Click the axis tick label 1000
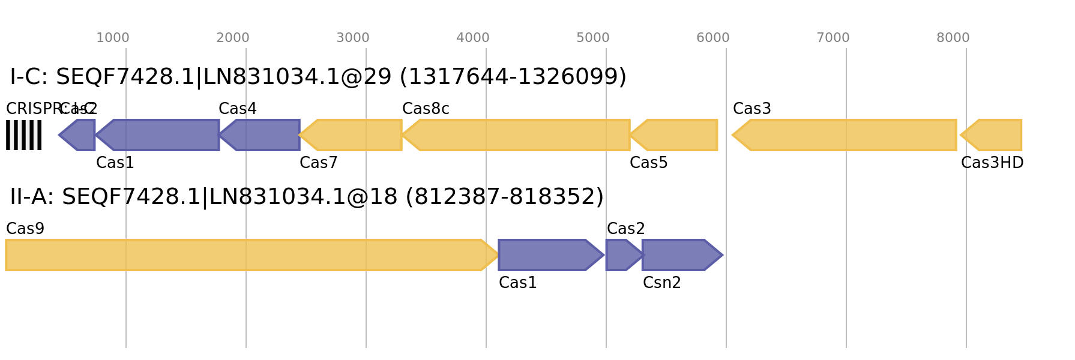112,38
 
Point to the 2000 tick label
232,38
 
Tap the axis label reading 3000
352,38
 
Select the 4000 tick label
472,38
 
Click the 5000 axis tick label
592,38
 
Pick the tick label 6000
712,38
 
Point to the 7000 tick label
833,38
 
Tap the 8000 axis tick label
953,38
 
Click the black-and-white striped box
23,135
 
